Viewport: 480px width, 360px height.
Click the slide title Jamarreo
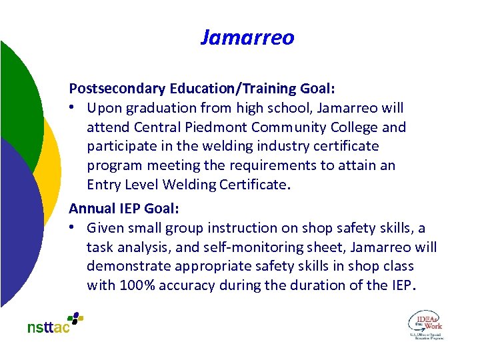(x=247, y=37)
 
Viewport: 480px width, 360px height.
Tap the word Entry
(x=103, y=185)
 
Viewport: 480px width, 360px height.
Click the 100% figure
(x=137, y=285)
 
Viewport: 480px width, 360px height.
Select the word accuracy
(x=187, y=285)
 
